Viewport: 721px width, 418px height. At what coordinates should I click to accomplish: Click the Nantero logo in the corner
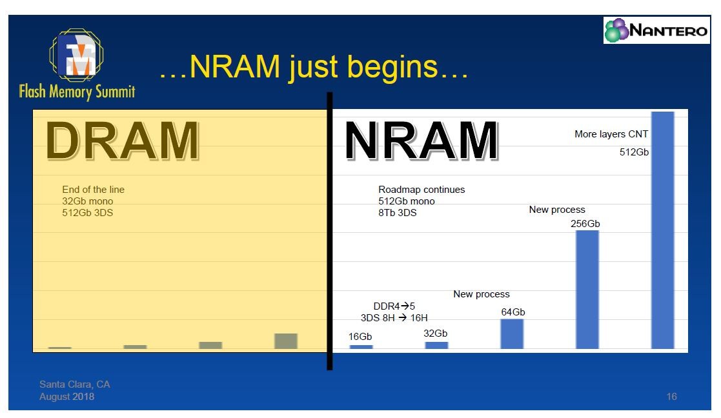coord(656,30)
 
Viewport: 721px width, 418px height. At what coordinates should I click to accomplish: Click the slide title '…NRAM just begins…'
coord(314,67)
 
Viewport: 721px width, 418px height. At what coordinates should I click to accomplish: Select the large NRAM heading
coord(421,141)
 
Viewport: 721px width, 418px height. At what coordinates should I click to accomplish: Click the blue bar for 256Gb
coord(587,290)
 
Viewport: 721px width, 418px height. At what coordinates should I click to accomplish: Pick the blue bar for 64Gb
coord(512,334)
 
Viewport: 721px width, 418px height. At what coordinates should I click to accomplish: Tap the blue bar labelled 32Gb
coord(436,345)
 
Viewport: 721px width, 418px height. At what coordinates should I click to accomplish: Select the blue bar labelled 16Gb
coord(361,347)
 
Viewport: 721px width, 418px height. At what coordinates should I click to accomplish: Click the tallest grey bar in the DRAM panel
coord(285,341)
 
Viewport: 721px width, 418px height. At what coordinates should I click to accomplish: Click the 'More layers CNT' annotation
coord(611,134)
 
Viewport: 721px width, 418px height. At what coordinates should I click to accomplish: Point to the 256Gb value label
coord(585,224)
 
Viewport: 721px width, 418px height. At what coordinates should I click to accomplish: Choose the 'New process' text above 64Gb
coord(482,294)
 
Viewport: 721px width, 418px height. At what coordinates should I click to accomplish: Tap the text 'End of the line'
coord(93,190)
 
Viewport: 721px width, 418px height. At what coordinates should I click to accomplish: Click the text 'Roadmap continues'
coord(421,190)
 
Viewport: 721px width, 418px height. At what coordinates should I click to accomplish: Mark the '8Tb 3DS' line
coord(398,213)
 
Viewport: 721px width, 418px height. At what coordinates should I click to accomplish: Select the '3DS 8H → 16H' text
coord(394,318)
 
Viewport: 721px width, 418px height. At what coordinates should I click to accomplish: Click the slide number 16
coord(671,397)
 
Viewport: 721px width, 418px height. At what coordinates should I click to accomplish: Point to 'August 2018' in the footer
coord(66,397)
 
